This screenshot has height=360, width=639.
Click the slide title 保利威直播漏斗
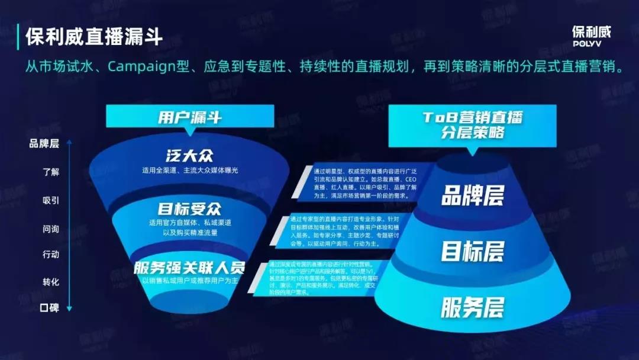coord(94,37)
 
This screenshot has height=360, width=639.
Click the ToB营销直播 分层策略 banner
coord(472,124)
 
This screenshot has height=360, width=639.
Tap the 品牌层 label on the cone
coord(472,196)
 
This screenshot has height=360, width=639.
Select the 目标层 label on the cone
coord(472,252)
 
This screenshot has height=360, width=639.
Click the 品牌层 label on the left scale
coord(44,143)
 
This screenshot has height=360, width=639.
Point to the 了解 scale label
coord(51,172)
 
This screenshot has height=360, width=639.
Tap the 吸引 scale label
coord(51,200)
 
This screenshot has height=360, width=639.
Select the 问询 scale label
coord(51,227)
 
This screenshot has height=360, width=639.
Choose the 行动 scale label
coord(51,255)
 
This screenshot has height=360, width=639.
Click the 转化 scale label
coord(51,282)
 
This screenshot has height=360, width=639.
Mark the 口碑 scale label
coord(50,308)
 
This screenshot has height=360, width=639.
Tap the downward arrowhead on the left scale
coord(69,308)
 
